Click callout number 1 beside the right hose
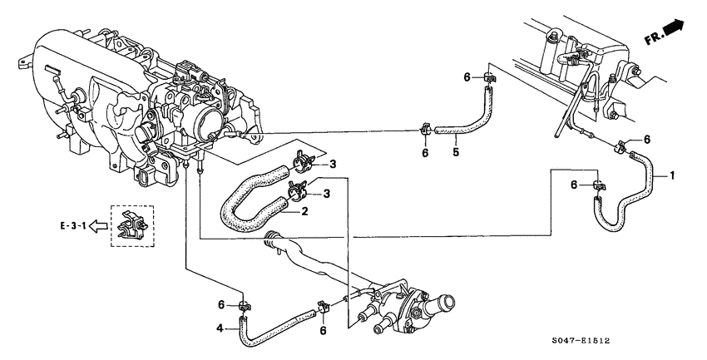(x=673, y=176)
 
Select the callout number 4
(x=220, y=328)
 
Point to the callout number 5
(x=456, y=152)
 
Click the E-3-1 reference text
(x=73, y=224)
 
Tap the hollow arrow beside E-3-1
(x=98, y=224)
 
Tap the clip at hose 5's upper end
(x=488, y=80)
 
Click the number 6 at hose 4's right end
(x=323, y=329)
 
